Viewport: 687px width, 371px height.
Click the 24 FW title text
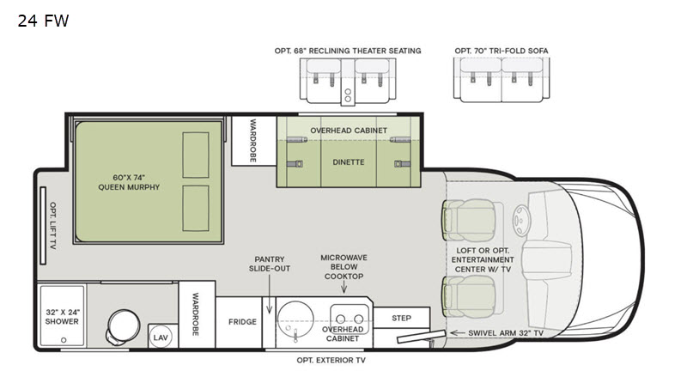pos(43,21)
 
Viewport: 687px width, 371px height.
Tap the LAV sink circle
pos(161,338)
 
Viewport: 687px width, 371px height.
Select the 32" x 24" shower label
pos(62,317)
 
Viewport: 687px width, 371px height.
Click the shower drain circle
pos(64,340)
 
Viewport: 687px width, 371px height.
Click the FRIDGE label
pos(242,322)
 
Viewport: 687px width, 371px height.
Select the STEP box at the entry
pos(401,318)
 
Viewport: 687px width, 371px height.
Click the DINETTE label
pos(349,162)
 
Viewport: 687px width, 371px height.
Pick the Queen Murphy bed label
pos(129,182)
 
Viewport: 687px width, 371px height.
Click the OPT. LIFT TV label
pos(53,226)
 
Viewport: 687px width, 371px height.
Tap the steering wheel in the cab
pos(521,221)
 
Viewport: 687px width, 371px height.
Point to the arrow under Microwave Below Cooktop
pos(344,287)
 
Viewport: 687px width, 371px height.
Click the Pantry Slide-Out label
pos(270,264)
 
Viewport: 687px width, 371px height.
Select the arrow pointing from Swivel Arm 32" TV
pos(458,333)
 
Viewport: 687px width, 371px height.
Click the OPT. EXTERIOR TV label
pos(331,361)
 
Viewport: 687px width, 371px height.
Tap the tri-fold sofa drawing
pos(502,80)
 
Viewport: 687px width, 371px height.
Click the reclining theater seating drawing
pos(348,81)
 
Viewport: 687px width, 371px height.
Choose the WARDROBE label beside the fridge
pos(196,314)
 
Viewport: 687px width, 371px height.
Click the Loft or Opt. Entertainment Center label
pos(483,259)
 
